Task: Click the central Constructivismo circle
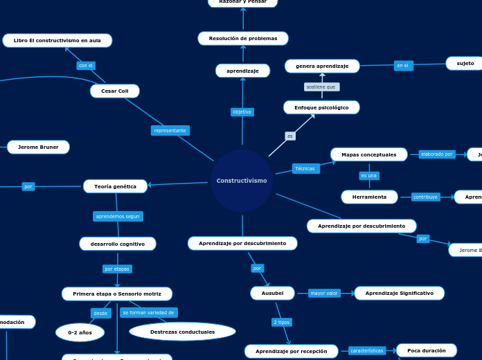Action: (x=242, y=181)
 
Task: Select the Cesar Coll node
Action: (x=115, y=91)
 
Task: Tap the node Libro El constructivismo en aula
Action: (x=57, y=40)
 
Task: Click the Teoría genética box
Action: (x=116, y=186)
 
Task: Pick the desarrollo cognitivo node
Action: (x=118, y=244)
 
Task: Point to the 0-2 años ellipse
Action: (x=80, y=332)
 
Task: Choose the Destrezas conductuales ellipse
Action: (x=183, y=332)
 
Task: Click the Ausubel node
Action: (x=272, y=293)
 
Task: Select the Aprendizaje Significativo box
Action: (x=400, y=293)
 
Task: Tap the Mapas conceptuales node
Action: (x=369, y=154)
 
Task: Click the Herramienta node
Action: (x=369, y=197)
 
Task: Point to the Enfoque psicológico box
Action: (x=321, y=107)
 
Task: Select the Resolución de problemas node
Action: (x=243, y=38)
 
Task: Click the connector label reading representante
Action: (x=170, y=130)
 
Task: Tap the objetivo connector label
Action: (x=242, y=111)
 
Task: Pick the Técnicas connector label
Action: (x=305, y=168)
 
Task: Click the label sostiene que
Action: (x=321, y=87)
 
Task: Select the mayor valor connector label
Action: (x=324, y=293)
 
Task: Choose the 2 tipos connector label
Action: (x=282, y=322)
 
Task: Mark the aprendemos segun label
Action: (x=118, y=216)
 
